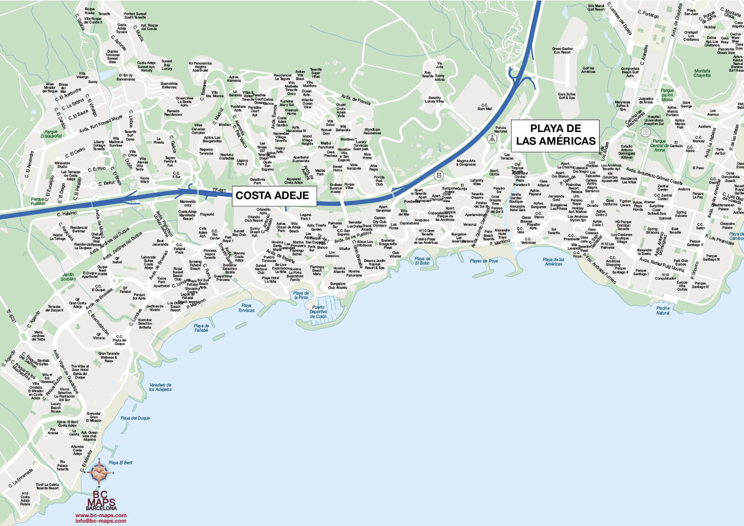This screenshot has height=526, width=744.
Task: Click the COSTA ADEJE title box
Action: pyautogui.click(x=272, y=195)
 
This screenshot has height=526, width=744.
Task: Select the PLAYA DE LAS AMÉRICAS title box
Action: pyautogui.click(x=556, y=135)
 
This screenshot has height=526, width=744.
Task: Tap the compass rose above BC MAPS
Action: pyautogui.click(x=100, y=471)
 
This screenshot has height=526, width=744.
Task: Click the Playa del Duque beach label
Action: pyautogui.click(x=135, y=418)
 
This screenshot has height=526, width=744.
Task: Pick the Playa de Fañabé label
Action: pyautogui.click(x=201, y=328)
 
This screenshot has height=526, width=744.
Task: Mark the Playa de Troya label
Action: pyautogui.click(x=484, y=261)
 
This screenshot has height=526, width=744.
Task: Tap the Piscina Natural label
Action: pyautogui.click(x=663, y=310)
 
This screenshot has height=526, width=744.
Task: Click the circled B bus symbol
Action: pyautogui.click(x=439, y=175)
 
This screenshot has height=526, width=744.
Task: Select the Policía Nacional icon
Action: pyautogui.click(x=492, y=139)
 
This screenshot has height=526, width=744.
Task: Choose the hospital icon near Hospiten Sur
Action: pyautogui.click(x=645, y=132)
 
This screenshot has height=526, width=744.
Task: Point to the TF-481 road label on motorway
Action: pyautogui.click(x=219, y=190)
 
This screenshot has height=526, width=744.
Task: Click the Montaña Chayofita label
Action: pyautogui.click(x=702, y=73)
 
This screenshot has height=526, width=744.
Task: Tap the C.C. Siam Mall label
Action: pyautogui.click(x=484, y=107)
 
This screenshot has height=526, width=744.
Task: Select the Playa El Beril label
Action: pyautogui.click(x=120, y=462)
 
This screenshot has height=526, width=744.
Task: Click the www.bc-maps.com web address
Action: pyautogui.click(x=101, y=515)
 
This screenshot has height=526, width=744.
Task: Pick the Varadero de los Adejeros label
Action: pyautogui.click(x=160, y=387)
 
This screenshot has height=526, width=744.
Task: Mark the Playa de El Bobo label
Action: pyautogui.click(x=422, y=261)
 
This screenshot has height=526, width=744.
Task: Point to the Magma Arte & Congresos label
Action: pyautogui.click(x=466, y=163)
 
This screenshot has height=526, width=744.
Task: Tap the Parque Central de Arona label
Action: pyautogui.click(x=659, y=145)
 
